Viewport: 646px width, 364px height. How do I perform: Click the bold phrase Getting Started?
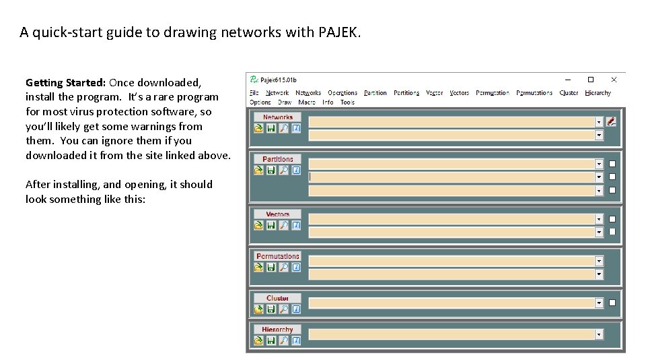point(65,83)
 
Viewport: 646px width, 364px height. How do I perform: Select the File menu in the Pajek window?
point(254,93)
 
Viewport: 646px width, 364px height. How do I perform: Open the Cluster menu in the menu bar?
point(569,93)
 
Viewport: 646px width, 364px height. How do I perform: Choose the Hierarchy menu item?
point(598,93)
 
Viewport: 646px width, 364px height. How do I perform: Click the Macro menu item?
point(307,102)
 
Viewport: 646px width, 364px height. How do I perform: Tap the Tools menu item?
point(347,102)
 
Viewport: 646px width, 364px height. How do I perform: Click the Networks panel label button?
point(278,117)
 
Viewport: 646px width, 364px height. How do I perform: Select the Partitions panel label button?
point(278,159)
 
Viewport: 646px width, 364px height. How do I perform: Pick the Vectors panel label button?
point(278,214)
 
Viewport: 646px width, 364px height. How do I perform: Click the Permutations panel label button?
point(278,256)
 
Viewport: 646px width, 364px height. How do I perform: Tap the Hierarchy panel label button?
point(278,330)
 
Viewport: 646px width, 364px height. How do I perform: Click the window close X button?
point(614,80)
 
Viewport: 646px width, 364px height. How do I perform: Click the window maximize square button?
point(591,80)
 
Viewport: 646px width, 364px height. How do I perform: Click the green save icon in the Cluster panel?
point(271,309)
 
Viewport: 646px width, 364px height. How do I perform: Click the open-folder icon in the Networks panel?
point(258,129)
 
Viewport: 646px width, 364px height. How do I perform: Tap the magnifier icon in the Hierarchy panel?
point(283,340)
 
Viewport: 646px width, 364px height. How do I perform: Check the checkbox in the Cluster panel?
point(612,303)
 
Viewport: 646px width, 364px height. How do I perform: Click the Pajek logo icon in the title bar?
point(254,80)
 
